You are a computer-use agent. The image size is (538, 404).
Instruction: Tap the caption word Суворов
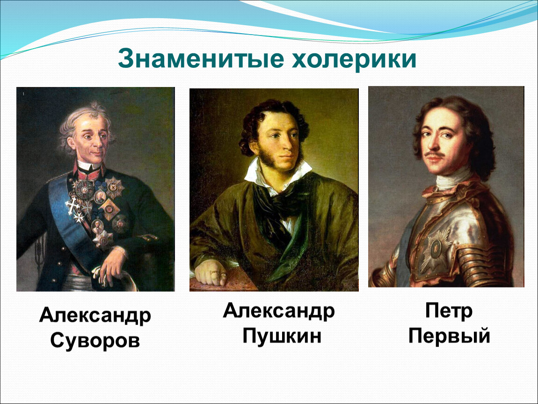95,340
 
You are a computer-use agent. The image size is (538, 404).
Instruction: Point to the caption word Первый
449,335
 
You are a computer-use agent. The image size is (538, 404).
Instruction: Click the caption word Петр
449,311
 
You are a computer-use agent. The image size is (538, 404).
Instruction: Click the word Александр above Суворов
95,316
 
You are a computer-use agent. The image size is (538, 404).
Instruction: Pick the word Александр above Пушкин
279,311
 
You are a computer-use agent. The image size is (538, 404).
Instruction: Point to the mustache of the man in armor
434,154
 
